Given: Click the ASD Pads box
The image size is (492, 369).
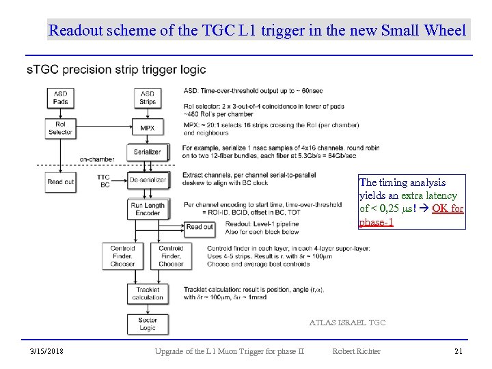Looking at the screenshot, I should coord(61,98).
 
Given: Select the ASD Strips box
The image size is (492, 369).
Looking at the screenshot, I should coord(147,98).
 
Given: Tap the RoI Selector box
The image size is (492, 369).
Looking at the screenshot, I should coord(61,128).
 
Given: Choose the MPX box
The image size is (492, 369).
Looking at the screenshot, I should coord(147,128).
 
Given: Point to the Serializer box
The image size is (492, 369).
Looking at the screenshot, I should coord(147,152).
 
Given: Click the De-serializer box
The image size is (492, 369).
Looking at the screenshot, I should coord(148,180).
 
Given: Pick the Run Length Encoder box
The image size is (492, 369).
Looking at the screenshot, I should coord(148,209).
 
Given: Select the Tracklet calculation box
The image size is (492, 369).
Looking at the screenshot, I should coord(148,293).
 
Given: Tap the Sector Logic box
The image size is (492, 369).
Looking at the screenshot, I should coord(148,323).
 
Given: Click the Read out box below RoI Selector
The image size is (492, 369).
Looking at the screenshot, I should coord(61,182).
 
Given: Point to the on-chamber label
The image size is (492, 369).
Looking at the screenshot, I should coord(96,159).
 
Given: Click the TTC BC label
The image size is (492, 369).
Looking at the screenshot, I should coord(105,181).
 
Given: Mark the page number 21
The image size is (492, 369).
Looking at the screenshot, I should coord(459,351).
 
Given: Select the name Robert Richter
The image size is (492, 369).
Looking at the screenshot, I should coord(356,351).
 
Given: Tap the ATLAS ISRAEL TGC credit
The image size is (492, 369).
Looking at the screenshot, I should coord(347,322).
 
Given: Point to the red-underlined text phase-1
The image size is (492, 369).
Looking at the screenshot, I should coord(376,222).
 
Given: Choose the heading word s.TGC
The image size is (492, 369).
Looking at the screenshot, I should coord(40,69).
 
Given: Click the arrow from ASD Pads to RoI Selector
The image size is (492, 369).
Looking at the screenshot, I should coord(61,113).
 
